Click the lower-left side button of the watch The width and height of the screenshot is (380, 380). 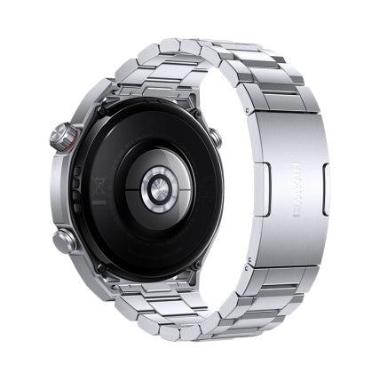[65, 240]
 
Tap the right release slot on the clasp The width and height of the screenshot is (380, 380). [324, 189]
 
